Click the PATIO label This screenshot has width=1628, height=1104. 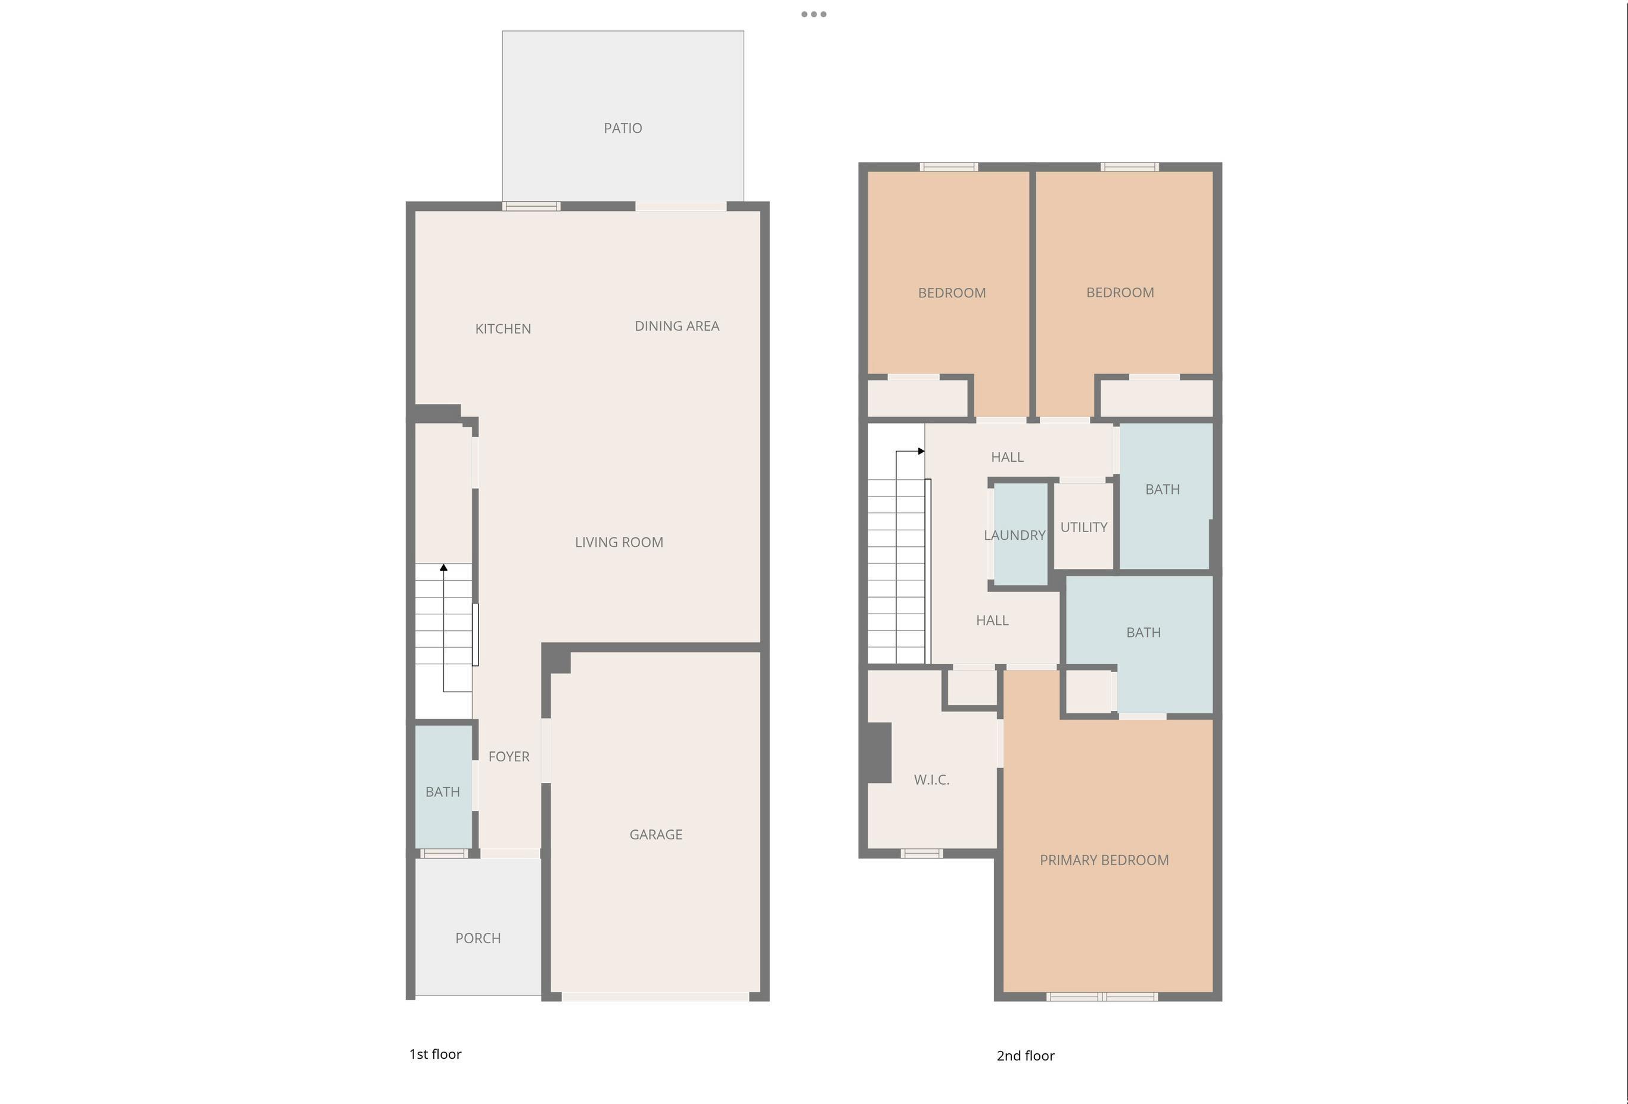(x=623, y=128)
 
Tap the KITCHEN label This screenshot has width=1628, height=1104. (x=503, y=328)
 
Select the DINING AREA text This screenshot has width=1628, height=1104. (x=677, y=326)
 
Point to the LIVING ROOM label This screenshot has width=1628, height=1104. (x=619, y=542)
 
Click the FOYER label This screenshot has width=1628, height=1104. (x=508, y=757)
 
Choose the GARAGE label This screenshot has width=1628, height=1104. (x=655, y=834)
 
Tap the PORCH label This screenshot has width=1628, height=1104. (x=478, y=938)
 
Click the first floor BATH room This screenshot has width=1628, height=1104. (x=443, y=786)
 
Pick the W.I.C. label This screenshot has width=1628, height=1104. (x=931, y=780)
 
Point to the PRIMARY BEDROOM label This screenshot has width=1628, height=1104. (x=1104, y=860)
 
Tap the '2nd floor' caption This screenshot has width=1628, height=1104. (x=1025, y=1056)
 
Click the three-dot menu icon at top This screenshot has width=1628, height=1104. (x=814, y=14)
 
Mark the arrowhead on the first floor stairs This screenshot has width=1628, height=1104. (x=443, y=567)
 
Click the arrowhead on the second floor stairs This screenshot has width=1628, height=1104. (x=921, y=451)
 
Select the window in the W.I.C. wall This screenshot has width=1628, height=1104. (x=921, y=853)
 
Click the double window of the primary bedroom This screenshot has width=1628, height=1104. (x=1102, y=997)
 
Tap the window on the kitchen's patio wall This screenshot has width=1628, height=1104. (x=531, y=206)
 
